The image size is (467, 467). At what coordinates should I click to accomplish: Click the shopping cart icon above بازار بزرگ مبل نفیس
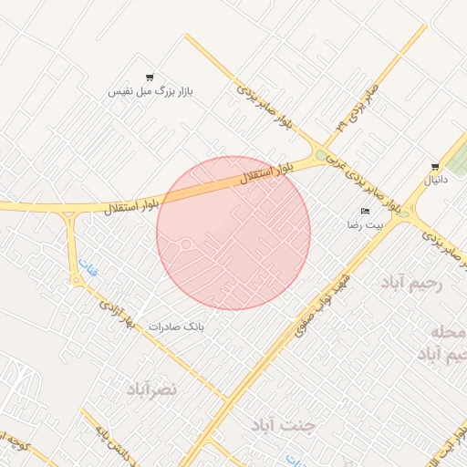coord(150,78)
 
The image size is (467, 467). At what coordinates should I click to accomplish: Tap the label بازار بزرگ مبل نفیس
coord(151,92)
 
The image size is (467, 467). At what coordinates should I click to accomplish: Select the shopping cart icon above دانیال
coord(435,167)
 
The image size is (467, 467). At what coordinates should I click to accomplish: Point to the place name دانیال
coord(434,181)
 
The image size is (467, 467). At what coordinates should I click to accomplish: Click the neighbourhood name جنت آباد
coord(285,426)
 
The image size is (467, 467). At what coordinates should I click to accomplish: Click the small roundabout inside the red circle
coord(185,244)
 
